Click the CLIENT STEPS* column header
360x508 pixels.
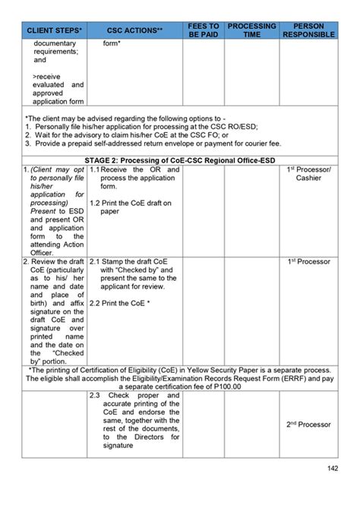55,32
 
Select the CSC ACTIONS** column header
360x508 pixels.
136,32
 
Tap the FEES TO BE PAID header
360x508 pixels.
204,29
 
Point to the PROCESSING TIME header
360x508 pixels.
251,29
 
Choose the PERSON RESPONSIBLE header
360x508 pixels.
308,29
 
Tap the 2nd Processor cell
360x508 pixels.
308,424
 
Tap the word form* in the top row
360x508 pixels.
112,43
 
